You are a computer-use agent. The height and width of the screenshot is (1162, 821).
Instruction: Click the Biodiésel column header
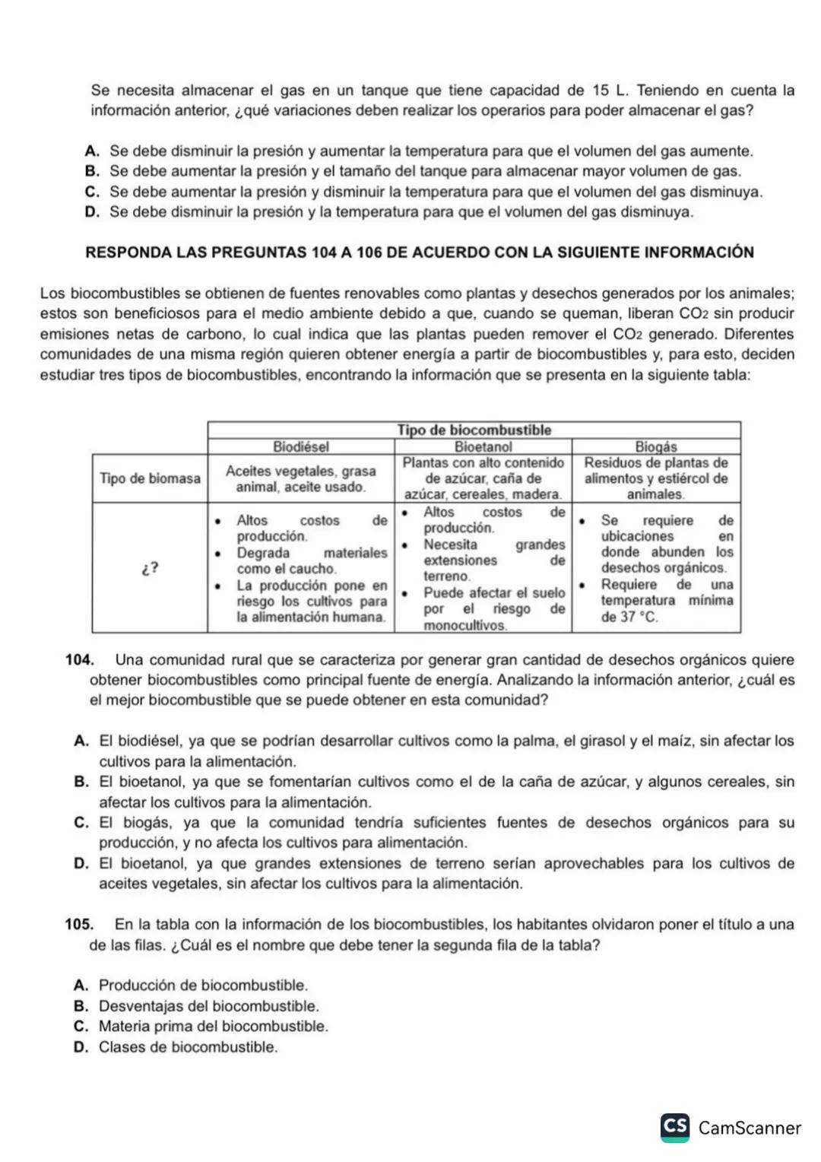(301, 446)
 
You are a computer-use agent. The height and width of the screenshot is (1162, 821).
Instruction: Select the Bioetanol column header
(483, 446)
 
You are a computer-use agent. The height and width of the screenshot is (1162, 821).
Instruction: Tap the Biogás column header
(655, 446)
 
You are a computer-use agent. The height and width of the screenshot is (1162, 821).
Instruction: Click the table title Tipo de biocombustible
(474, 430)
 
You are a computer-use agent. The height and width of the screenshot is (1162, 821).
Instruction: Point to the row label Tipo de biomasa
(150, 478)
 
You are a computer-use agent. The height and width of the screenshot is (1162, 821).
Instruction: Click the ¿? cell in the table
(150, 568)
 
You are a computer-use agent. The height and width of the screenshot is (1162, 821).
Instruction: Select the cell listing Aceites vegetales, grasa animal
(301, 479)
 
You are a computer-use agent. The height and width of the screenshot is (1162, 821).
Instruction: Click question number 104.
(79, 660)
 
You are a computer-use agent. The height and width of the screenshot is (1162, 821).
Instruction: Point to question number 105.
(79, 925)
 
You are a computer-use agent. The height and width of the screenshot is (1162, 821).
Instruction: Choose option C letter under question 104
(82, 823)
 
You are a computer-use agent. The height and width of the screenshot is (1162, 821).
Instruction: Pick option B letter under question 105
(81, 1006)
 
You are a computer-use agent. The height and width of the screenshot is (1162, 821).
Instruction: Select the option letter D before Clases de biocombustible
(81, 1047)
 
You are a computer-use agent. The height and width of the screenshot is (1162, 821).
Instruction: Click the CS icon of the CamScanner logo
(675, 1127)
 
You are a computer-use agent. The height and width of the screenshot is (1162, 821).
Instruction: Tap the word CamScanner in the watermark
(750, 1129)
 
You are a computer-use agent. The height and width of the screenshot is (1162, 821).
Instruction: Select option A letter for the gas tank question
(93, 151)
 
